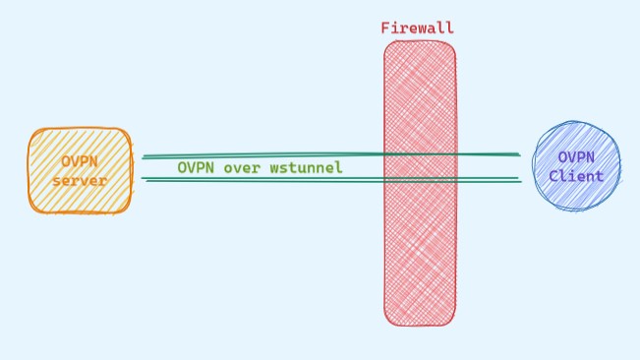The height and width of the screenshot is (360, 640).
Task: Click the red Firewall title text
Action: pos(418,28)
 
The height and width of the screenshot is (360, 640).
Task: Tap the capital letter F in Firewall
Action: pos(385,28)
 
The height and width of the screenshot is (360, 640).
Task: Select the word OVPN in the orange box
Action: pos(80,161)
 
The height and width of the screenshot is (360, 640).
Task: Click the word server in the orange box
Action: pos(80,180)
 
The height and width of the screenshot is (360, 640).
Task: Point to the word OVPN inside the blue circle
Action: pos(576,157)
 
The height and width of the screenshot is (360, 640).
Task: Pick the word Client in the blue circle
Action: pos(576,176)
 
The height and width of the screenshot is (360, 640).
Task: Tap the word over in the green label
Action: pos(241,168)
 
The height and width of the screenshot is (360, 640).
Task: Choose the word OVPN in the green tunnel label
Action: pos(197,168)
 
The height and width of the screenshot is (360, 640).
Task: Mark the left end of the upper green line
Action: pos(144,156)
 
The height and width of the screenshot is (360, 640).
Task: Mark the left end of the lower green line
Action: pos(144,179)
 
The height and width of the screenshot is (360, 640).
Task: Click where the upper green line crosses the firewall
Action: pos(420,154)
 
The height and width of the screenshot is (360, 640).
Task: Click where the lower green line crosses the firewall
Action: pos(420,179)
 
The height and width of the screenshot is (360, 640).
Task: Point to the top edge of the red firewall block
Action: pos(420,42)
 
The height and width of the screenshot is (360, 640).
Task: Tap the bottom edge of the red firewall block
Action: pos(420,325)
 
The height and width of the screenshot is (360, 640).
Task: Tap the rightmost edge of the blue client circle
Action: pos(620,167)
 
